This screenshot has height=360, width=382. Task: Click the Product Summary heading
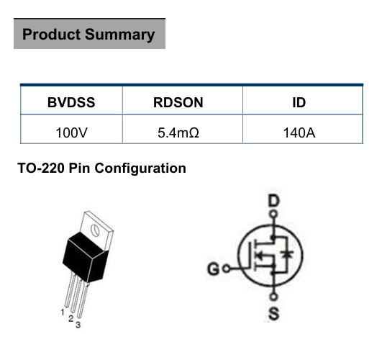click(x=88, y=34)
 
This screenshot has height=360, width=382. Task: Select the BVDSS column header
click(x=71, y=102)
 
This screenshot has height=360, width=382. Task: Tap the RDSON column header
click(x=178, y=102)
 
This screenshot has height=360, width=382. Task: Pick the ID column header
click(x=299, y=102)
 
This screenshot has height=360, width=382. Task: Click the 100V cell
click(x=71, y=133)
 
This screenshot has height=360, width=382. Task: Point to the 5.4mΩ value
click(x=178, y=133)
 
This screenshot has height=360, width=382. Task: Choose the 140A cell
click(x=299, y=133)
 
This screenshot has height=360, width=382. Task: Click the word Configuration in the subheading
click(x=140, y=168)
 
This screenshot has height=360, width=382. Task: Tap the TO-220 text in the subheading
click(x=41, y=168)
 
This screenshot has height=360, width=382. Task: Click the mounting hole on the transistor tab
click(x=95, y=230)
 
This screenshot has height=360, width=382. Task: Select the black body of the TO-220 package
click(x=86, y=257)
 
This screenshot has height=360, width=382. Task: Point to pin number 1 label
click(x=63, y=312)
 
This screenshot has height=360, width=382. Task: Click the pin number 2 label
click(x=71, y=318)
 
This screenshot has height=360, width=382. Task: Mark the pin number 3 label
click(x=78, y=325)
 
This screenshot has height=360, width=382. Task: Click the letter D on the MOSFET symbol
click(x=274, y=201)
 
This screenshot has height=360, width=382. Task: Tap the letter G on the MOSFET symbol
click(x=214, y=269)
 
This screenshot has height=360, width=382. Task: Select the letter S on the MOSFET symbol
click(x=274, y=313)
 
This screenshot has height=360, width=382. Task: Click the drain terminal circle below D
click(x=274, y=215)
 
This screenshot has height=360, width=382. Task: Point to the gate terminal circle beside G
click(x=227, y=269)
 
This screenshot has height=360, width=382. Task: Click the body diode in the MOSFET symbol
click(x=288, y=254)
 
